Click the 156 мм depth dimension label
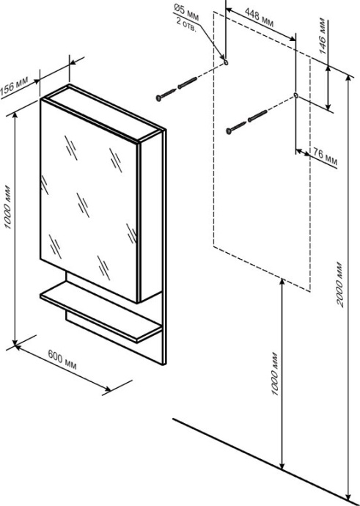(x=15, y=87)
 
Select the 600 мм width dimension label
(x=62, y=359)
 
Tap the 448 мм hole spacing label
(x=259, y=18)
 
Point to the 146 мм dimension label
(x=322, y=36)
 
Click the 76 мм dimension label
(x=325, y=158)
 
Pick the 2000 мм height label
(x=339, y=285)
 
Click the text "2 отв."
(x=186, y=25)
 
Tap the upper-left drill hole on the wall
(x=226, y=62)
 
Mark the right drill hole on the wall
(x=295, y=95)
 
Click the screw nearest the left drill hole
(x=166, y=95)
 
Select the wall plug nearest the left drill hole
(x=188, y=83)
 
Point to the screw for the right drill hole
(x=237, y=128)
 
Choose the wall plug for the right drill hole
(x=258, y=116)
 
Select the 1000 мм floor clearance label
(x=274, y=374)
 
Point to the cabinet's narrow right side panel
(x=151, y=216)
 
